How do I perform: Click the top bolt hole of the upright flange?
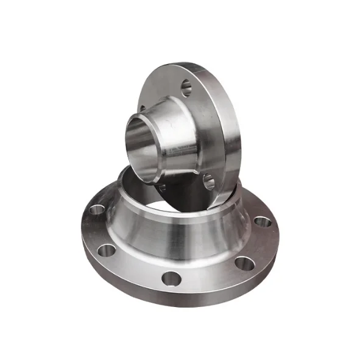click(x=187, y=86)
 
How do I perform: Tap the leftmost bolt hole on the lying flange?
click(x=96, y=211)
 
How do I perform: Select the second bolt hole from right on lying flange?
click(x=244, y=263)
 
